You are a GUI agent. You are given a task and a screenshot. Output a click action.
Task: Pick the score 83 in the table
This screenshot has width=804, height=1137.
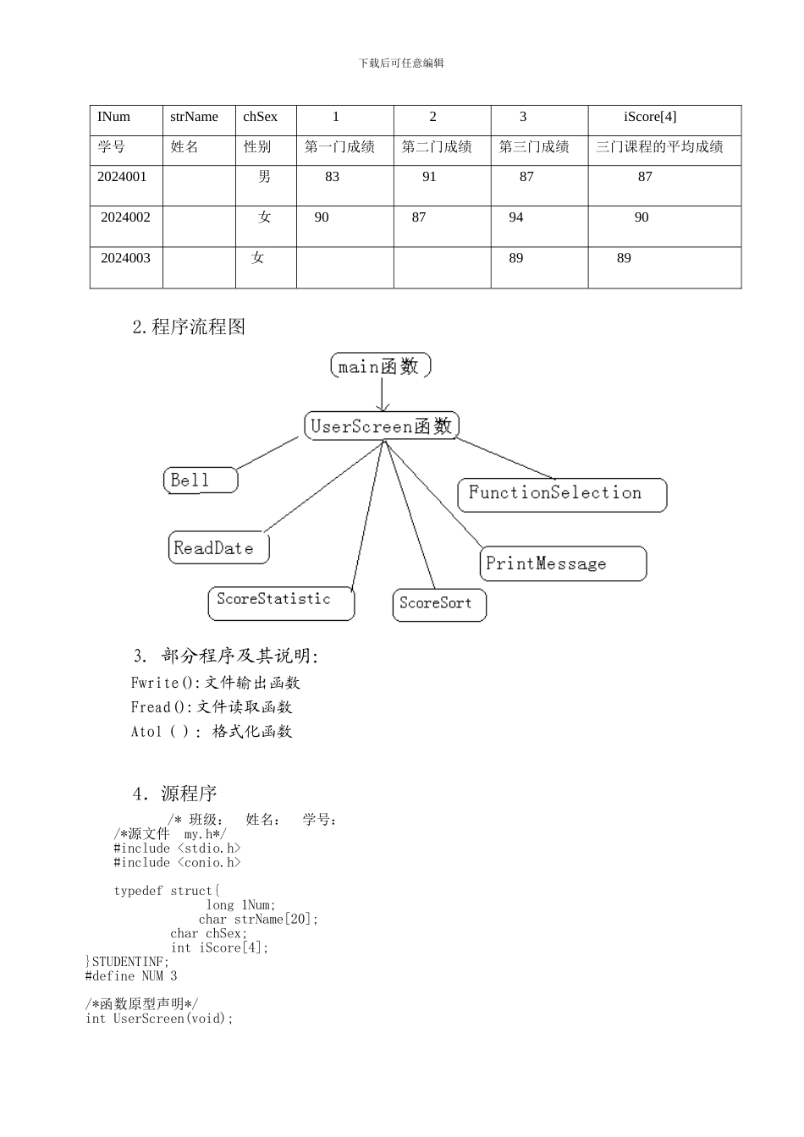click(x=332, y=177)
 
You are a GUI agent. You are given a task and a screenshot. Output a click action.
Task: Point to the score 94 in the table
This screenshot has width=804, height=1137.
click(x=516, y=217)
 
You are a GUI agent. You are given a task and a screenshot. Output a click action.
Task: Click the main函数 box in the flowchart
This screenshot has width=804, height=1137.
click(x=380, y=365)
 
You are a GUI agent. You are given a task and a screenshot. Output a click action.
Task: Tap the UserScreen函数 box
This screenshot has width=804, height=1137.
click(x=381, y=426)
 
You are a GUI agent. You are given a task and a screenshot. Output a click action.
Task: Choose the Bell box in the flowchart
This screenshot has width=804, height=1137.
click(x=200, y=480)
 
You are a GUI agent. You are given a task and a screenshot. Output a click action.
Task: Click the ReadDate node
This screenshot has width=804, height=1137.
click(x=218, y=548)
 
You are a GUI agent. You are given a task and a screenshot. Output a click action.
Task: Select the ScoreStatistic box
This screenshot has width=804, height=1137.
click(x=281, y=602)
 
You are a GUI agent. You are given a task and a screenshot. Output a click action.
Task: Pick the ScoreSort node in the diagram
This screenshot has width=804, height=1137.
click(x=439, y=605)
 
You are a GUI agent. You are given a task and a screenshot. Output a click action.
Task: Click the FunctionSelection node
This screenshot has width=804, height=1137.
click(x=562, y=494)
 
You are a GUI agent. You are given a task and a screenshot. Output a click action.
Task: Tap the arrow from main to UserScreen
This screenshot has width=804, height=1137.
click(x=383, y=394)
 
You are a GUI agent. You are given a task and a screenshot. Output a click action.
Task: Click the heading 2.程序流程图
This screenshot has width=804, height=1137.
click(x=189, y=327)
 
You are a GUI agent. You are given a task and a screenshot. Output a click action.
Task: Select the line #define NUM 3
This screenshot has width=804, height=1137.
click(x=131, y=976)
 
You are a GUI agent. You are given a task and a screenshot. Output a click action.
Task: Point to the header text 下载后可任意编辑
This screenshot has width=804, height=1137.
click(x=401, y=63)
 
